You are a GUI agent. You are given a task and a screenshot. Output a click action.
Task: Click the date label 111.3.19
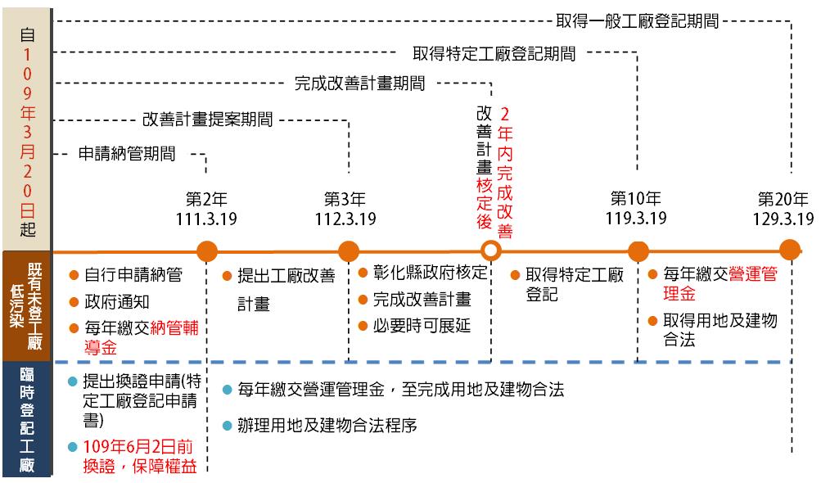(206, 219)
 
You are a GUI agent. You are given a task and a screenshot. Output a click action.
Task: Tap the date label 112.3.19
(345, 219)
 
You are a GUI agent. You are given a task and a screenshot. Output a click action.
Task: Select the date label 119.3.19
(636, 218)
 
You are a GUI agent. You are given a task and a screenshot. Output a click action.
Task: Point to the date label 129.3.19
(783, 219)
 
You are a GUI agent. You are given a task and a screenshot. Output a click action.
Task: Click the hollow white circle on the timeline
(490, 251)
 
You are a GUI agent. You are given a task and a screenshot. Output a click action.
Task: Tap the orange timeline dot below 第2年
(207, 251)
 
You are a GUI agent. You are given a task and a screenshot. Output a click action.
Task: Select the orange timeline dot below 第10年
(638, 251)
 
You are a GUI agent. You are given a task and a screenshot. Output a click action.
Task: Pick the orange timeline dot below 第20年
(790, 250)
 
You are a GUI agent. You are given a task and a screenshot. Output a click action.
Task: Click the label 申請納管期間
(127, 153)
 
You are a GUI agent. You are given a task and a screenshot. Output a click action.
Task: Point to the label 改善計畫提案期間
(207, 120)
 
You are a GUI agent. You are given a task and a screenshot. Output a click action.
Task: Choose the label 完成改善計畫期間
(359, 84)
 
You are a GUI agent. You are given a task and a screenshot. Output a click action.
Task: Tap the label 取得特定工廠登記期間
(494, 53)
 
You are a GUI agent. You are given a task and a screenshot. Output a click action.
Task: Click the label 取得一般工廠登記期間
(637, 21)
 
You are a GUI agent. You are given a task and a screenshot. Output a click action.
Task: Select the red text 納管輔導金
(142, 337)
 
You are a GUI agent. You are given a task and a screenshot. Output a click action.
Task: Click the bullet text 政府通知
(117, 302)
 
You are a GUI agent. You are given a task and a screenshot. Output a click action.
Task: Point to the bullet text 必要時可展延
(422, 326)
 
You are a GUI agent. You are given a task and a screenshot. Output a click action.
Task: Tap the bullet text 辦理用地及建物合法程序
(327, 425)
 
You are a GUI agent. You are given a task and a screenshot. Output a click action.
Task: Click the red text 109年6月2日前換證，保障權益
(140, 456)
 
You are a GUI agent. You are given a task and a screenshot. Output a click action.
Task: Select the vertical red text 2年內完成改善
(505, 173)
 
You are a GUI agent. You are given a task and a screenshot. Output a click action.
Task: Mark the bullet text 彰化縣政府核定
(430, 273)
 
